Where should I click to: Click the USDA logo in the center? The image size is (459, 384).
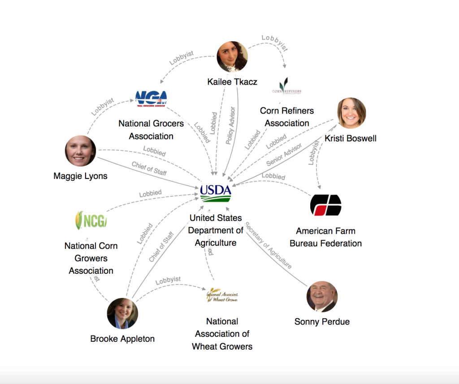point(216,193)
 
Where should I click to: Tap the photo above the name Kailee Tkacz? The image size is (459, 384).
point(232,57)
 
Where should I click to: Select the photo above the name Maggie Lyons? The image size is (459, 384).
point(81,151)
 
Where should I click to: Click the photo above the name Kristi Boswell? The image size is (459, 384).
point(351,113)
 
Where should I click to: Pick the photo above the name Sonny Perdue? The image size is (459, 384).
point(322,297)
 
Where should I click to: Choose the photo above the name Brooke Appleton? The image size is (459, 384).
point(122,313)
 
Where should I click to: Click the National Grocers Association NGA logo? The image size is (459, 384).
point(151,98)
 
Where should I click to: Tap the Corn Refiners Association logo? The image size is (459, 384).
point(286,87)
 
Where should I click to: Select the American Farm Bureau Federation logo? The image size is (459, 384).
point(325,205)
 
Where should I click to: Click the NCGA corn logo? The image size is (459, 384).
point(91,220)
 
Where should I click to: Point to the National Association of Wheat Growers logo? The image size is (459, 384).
point(222,295)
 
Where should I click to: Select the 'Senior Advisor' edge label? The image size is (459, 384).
point(284,155)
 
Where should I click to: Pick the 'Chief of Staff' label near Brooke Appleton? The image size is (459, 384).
point(161,247)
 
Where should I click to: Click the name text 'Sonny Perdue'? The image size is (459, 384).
point(322,322)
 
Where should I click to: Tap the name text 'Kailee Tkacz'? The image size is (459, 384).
point(232,82)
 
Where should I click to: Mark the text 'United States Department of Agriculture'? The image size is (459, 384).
point(216,230)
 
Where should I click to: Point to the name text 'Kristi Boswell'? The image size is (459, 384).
point(350,138)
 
